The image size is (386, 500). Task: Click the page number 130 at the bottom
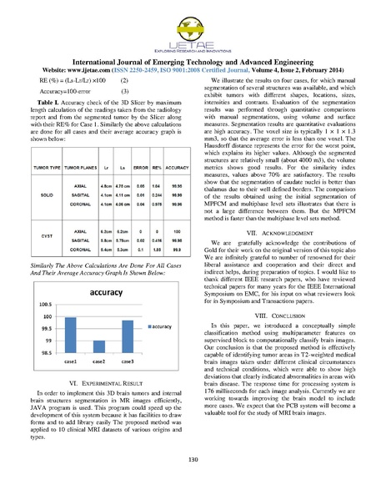[193, 483]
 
